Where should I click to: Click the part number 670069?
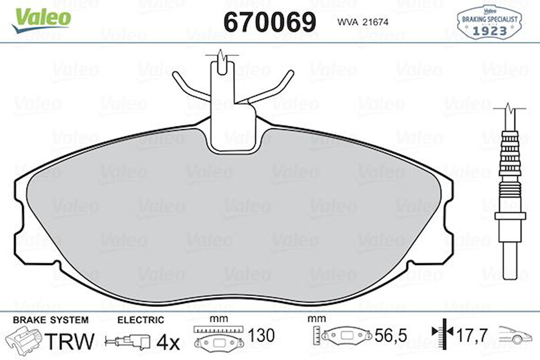(x=270, y=21)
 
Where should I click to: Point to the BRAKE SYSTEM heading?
(x=50, y=320)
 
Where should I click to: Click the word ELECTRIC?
(x=140, y=320)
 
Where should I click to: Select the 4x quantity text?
(x=169, y=342)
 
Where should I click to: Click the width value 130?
(x=261, y=336)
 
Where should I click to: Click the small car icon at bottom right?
(x=515, y=335)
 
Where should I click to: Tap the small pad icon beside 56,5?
(x=346, y=336)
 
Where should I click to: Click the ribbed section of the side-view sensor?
(x=510, y=156)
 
